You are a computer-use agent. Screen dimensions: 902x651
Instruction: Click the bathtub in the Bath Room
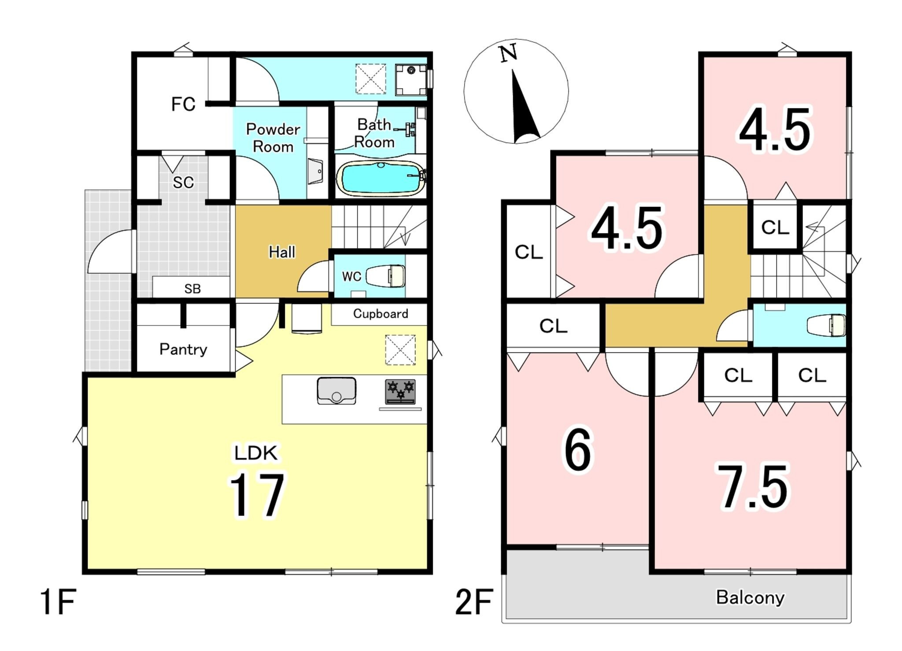pyautogui.click(x=381, y=178)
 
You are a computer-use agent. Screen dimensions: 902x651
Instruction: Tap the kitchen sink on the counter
pyautogui.click(x=336, y=390)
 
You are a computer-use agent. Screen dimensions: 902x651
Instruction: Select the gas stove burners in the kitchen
pyautogui.click(x=400, y=391)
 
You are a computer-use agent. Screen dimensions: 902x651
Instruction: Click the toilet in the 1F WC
pyautogui.click(x=385, y=276)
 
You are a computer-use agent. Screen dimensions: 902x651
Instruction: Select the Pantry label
pyautogui.click(x=183, y=349)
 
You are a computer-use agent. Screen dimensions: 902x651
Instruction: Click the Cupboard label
pyautogui.click(x=381, y=314)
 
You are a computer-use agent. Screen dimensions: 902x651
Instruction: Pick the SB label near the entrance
pyautogui.click(x=192, y=289)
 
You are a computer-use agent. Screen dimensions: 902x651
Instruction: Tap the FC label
pyautogui.click(x=183, y=104)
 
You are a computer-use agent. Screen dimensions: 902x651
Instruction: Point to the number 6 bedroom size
pyautogui.click(x=578, y=449)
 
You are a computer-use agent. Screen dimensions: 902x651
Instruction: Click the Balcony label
pyautogui.click(x=750, y=598)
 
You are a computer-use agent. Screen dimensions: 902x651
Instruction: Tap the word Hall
pyautogui.click(x=282, y=252)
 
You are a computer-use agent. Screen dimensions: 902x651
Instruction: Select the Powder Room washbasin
pyautogui.click(x=315, y=171)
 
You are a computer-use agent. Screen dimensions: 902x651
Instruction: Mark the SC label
pyautogui.click(x=183, y=182)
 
